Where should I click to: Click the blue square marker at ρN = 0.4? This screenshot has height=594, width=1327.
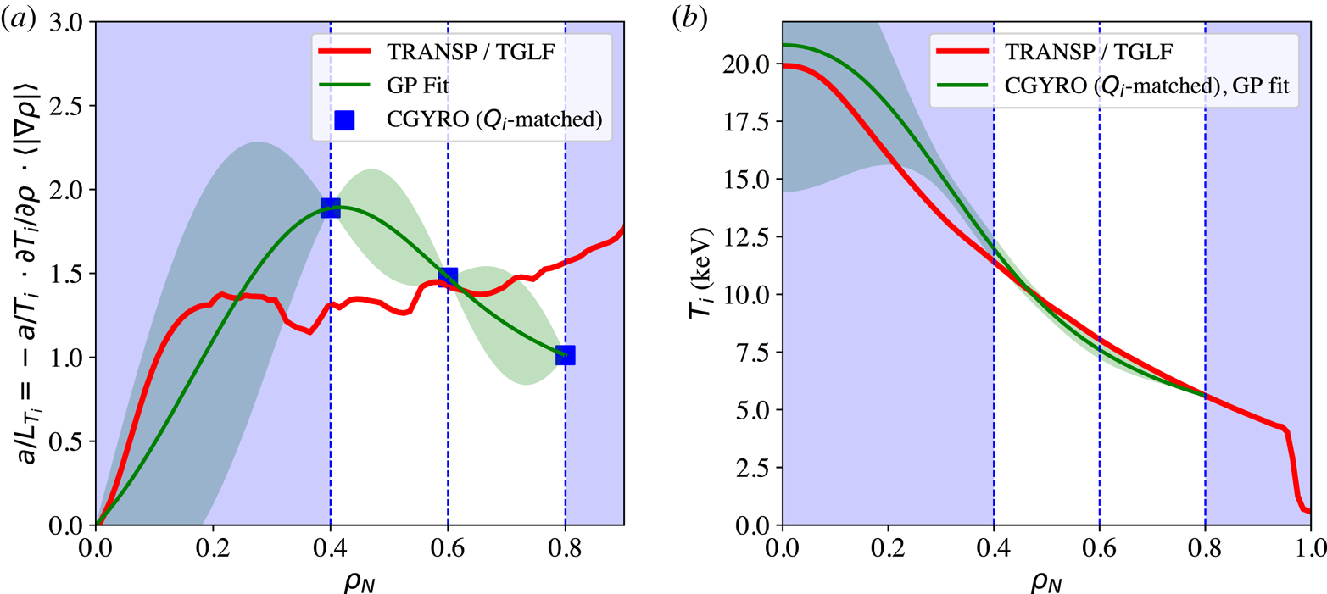(x=331, y=208)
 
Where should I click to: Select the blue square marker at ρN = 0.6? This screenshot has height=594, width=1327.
(x=448, y=276)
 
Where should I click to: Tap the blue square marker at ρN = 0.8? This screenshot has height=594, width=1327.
(x=566, y=355)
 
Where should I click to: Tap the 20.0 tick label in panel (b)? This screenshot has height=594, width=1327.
(x=751, y=64)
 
